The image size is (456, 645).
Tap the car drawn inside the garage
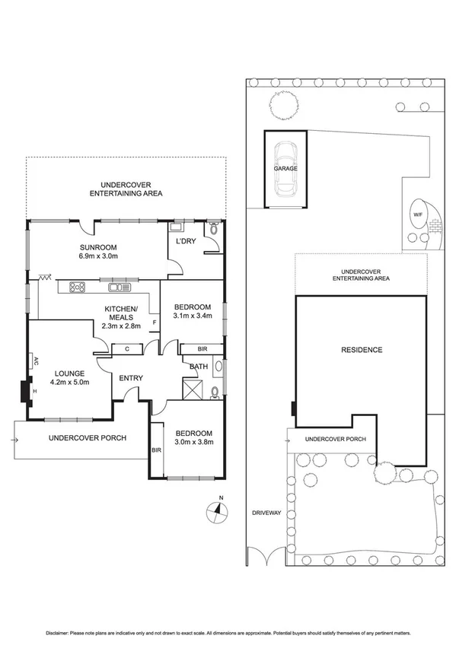click(286, 168)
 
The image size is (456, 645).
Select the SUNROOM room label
click(99, 247)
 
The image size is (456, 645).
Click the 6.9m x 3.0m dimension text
click(99, 256)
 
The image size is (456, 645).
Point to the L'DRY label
click(187, 241)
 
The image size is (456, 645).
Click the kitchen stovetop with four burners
click(78, 287)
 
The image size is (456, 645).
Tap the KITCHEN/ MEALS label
click(120, 313)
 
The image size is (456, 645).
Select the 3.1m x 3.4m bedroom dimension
click(192, 315)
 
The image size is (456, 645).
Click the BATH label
click(198, 367)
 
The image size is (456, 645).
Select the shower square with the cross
click(193, 390)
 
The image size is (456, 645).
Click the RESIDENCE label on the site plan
click(362, 350)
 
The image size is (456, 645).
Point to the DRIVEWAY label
click(267, 513)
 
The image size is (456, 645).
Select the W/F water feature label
click(417, 214)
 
